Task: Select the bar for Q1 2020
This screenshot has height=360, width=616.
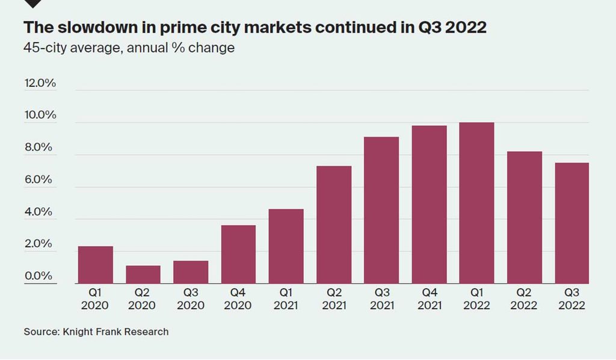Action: [95, 265]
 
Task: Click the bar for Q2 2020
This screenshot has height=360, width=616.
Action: [143, 275]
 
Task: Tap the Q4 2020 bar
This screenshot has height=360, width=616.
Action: [238, 255]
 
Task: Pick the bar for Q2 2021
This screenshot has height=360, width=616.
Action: [334, 225]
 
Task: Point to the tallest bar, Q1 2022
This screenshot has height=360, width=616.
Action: [476, 203]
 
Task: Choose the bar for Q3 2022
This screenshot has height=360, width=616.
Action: [571, 223]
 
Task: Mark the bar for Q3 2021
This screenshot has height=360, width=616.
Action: [381, 210]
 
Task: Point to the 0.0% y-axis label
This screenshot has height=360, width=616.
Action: [40, 276]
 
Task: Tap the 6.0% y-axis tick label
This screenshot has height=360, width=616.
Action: [40, 180]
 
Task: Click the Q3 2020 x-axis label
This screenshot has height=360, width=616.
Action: [191, 299]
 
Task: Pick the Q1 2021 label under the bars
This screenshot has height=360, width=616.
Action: [286, 299]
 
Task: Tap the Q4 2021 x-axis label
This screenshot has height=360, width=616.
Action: [429, 299]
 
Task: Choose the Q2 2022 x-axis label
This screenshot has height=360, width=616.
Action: [524, 299]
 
